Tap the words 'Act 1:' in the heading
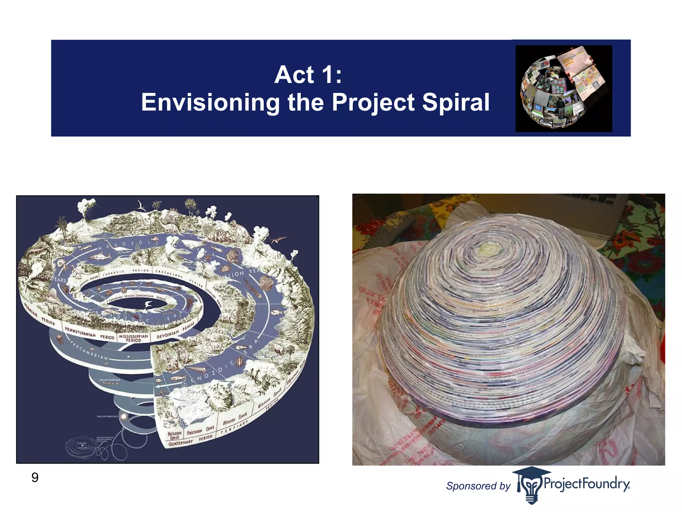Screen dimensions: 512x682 308,75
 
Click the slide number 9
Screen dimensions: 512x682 35,478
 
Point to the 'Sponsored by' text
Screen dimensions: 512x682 478,486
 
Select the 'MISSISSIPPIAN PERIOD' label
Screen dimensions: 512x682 133,338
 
